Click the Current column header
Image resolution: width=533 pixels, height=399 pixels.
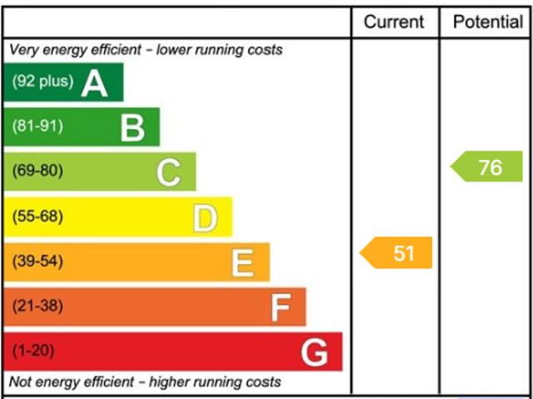(394, 22)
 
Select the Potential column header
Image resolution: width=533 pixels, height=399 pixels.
(487, 22)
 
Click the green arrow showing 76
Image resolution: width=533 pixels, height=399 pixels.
(488, 167)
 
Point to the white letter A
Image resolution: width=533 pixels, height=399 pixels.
(95, 82)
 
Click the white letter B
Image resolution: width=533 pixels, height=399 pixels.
(132, 127)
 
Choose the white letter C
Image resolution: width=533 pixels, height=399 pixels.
(169, 172)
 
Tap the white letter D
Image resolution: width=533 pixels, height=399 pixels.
(205, 218)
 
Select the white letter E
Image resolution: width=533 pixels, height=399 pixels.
(242, 263)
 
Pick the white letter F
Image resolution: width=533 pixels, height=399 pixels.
(280, 308)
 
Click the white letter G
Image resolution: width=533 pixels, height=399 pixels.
(315, 352)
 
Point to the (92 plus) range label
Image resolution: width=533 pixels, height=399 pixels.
(42, 82)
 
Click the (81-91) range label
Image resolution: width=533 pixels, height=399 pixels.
(37, 127)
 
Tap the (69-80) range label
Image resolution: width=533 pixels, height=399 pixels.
(37, 172)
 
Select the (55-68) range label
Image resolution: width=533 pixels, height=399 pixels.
(37, 217)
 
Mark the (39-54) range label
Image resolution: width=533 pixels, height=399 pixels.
(37, 262)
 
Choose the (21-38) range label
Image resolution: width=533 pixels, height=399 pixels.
(37, 307)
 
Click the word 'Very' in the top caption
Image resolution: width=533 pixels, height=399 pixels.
(23, 50)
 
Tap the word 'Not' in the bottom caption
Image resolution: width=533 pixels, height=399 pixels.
(21, 382)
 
